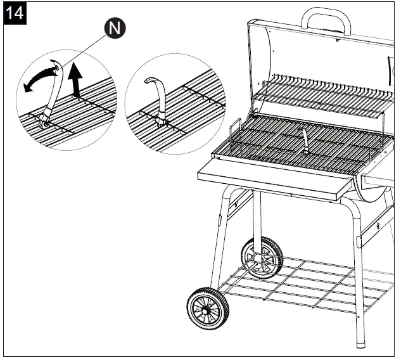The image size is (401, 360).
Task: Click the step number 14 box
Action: [14, 13]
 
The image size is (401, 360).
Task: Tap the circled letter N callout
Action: [115, 27]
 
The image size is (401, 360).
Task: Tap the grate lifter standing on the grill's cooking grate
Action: [305, 140]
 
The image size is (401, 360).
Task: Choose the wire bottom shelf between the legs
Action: [298, 282]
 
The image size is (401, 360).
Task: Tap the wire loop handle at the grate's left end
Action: [236, 131]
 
